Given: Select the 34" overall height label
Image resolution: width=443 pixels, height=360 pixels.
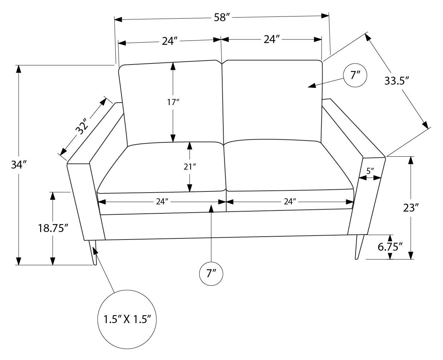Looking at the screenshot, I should click(19, 165).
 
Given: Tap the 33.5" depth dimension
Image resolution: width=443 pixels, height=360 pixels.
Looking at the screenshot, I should click(397, 81).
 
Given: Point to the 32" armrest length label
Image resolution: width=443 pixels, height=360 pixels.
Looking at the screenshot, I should click(83, 126).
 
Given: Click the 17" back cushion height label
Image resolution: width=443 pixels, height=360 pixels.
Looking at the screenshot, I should click(173, 102).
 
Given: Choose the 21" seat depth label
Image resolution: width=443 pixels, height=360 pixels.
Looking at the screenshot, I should click(190, 166).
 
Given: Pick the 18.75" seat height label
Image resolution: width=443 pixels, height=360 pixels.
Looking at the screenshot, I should click(53, 228).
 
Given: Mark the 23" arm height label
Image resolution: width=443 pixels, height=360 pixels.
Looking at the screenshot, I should click(411, 208).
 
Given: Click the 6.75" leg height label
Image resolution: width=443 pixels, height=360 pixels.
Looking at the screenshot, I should click(390, 247).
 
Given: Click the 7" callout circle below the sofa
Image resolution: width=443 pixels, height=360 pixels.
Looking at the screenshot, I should click(211, 274).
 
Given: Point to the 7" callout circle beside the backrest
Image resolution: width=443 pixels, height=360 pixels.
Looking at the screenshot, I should click(355, 76).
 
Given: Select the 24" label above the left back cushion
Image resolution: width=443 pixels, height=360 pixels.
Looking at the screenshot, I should click(170, 41).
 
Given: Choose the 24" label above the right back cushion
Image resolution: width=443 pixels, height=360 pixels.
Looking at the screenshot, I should click(271, 39).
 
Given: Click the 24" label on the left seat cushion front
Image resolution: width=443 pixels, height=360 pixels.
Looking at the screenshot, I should click(162, 202).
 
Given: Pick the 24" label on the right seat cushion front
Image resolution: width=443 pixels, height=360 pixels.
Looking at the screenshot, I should click(289, 202).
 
